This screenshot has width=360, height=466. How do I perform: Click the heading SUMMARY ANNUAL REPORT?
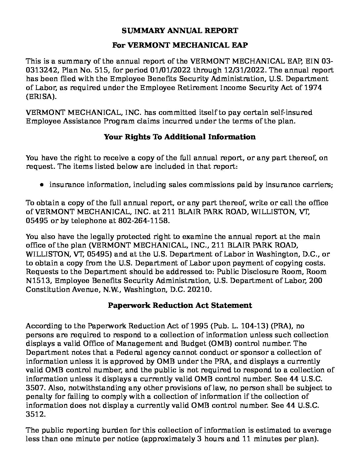[180, 31]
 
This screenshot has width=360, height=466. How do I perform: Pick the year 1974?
[313, 88]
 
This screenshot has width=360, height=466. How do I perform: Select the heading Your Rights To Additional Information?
[180, 137]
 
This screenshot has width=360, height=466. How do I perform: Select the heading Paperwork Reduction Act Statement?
[180, 305]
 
